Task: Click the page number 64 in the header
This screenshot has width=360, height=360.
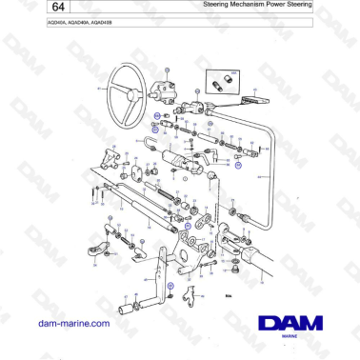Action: coord(22,9)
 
